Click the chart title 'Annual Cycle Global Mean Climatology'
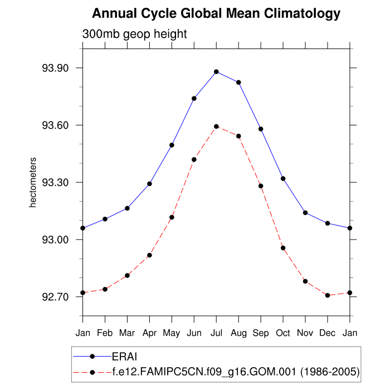tap(216, 13)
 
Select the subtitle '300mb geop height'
tap(135, 34)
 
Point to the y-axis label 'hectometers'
tap(33, 182)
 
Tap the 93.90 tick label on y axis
tap(55, 68)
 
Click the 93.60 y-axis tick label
tap(55, 125)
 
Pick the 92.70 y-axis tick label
tap(55, 297)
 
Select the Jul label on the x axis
tap(216, 333)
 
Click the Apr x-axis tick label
tap(149, 333)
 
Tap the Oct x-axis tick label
tap(283, 333)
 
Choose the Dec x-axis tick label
tap(328, 333)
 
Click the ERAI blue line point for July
tap(216, 71)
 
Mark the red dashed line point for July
tap(216, 126)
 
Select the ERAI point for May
tap(172, 145)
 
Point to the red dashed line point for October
tap(283, 248)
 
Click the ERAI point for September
tap(261, 129)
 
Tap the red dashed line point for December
tap(328, 295)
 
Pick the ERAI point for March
tap(127, 208)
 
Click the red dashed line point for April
tap(149, 255)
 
